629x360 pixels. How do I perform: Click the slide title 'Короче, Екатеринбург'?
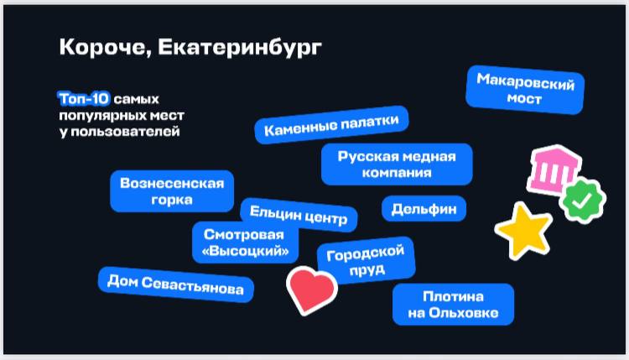(x=190, y=47)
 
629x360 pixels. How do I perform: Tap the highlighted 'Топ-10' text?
(x=84, y=99)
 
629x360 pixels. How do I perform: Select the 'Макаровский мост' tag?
(x=525, y=90)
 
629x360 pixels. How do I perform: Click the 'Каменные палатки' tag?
(x=332, y=125)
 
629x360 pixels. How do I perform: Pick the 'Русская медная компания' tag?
(x=397, y=164)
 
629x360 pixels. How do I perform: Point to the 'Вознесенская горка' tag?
(x=172, y=191)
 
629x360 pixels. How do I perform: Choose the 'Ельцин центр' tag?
(x=299, y=215)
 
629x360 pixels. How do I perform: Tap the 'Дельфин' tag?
(x=424, y=209)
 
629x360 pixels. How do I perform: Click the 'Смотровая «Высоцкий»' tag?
(x=245, y=243)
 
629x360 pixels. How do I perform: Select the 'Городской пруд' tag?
(x=366, y=260)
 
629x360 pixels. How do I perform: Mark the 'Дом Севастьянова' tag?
(x=176, y=284)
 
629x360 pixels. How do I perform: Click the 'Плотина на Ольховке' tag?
(x=453, y=305)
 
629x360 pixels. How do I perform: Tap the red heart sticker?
(x=312, y=290)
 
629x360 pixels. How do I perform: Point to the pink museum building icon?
(x=554, y=170)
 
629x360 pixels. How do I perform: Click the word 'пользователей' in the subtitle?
(x=120, y=132)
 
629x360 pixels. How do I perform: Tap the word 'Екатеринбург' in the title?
(x=240, y=48)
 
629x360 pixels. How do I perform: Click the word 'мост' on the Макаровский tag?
(x=524, y=98)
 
